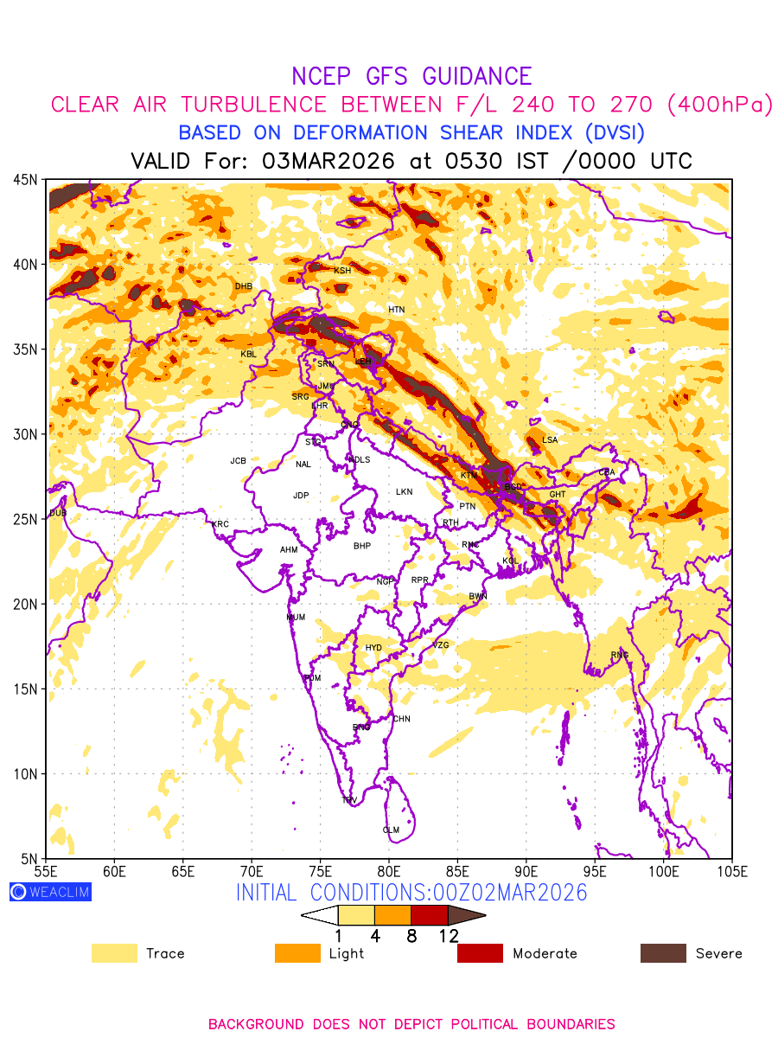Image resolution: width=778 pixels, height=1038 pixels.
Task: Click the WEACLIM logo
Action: coord(50,892)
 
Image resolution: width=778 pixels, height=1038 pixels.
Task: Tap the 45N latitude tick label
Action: coord(25,179)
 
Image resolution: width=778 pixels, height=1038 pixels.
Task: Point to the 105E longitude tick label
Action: coord(731,871)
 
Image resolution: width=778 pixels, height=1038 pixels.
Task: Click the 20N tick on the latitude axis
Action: coord(25,604)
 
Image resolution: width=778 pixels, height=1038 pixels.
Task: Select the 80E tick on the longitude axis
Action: coord(389,871)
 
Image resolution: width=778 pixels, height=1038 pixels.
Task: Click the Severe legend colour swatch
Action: coord(663,953)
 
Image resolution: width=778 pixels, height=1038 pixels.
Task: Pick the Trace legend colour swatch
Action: coord(114,953)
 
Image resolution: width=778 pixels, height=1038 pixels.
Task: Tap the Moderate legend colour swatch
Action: coord(480,953)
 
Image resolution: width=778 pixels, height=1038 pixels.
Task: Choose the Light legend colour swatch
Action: coord(297,953)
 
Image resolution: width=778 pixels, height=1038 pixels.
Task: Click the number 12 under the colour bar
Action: coord(448,935)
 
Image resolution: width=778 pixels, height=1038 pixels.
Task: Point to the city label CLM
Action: coord(391,830)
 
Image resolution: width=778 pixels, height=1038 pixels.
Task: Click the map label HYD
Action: coord(373,648)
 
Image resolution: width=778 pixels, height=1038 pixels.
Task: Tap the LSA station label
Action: coord(550,440)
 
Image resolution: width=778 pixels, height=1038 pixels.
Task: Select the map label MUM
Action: coord(296,617)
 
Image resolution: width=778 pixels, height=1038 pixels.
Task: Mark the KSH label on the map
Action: coord(342,271)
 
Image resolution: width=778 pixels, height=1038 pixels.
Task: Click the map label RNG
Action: coord(620,655)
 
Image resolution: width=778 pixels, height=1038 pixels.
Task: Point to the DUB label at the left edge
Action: coord(58,513)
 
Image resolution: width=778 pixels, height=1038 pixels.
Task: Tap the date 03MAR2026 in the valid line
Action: coord(328,162)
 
